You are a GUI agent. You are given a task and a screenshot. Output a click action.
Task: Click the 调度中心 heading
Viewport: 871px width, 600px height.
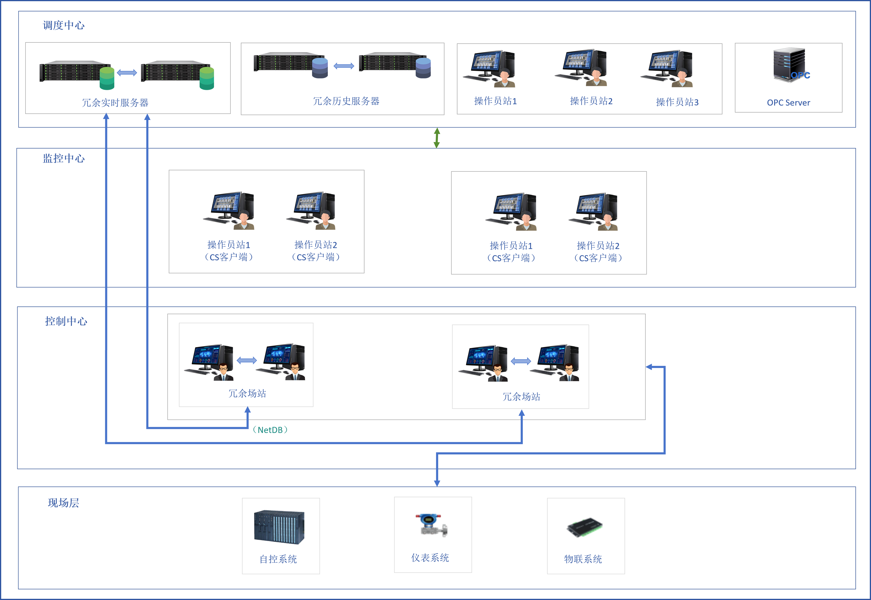(x=63, y=25)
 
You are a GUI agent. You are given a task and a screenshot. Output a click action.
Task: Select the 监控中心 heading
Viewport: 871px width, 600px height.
(x=63, y=158)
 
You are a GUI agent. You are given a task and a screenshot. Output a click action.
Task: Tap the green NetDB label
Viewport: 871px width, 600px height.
(x=270, y=430)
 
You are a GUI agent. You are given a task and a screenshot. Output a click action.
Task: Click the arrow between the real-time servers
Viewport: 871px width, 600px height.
(x=127, y=73)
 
